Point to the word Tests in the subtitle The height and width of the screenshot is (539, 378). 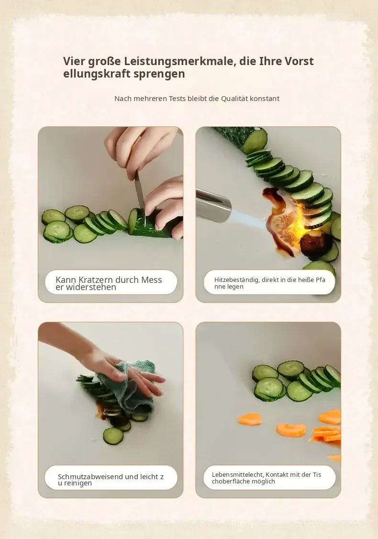[x=178, y=98]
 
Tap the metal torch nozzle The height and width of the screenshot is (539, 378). [x=213, y=205]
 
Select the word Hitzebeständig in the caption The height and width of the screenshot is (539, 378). [x=236, y=280]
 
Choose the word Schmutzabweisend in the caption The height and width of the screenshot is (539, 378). [x=90, y=477]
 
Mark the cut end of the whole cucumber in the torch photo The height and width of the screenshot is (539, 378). [x=255, y=140]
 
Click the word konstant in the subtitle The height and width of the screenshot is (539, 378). [x=265, y=98]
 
